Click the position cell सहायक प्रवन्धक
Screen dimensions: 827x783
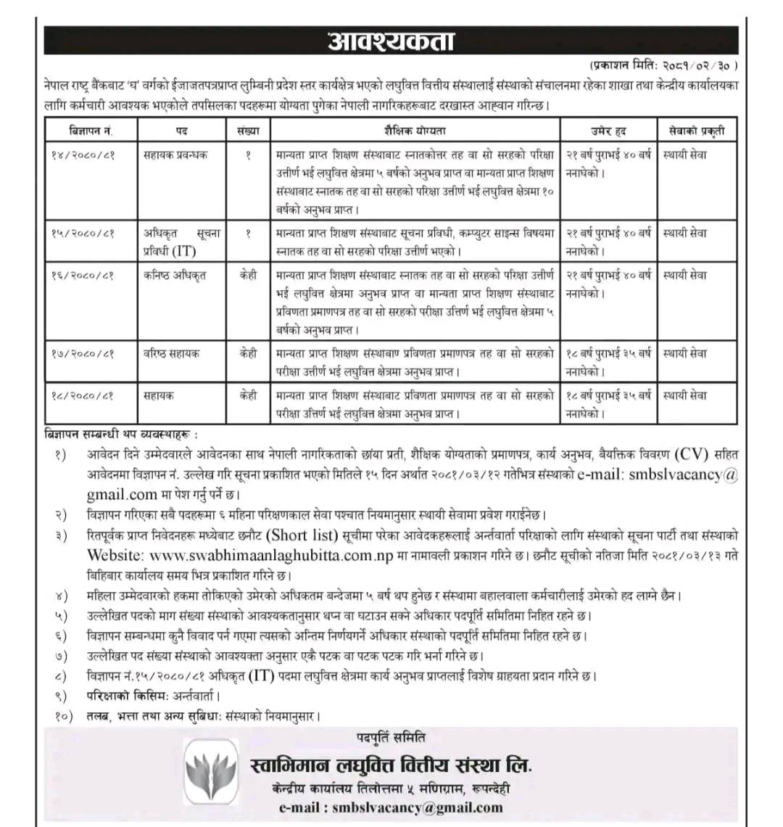(175, 155)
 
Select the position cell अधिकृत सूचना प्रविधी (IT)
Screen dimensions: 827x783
(181, 242)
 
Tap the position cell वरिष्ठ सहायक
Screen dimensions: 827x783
(171, 354)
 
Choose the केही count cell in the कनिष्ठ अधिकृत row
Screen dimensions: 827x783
(248, 276)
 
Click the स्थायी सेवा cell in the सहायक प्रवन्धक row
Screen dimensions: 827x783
(685, 155)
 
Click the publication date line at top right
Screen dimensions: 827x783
(664, 65)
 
